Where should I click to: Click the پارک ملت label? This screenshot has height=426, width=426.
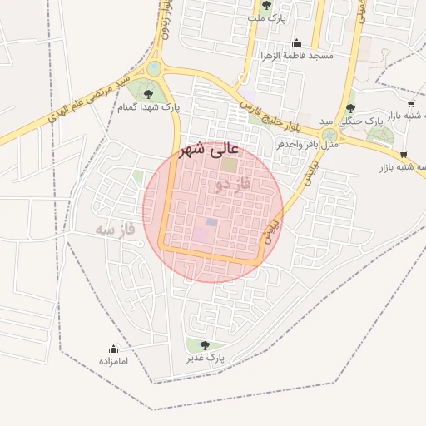[267, 17]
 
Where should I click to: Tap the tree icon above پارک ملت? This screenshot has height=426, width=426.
[266, 5]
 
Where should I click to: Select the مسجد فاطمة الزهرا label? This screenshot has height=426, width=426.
[297, 56]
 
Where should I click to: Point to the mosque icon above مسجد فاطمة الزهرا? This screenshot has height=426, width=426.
[296, 43]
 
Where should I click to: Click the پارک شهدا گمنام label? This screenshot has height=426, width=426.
[149, 106]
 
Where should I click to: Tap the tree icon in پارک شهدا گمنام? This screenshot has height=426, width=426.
[149, 94]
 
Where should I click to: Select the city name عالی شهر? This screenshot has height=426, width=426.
[210, 150]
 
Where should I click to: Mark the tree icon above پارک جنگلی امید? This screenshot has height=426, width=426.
[350, 108]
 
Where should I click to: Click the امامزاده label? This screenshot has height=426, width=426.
[112, 361]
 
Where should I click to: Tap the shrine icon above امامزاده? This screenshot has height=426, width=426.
[113, 349]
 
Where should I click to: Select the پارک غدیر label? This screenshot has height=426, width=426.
[206, 358]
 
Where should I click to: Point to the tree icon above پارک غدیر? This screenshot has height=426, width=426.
[205, 345]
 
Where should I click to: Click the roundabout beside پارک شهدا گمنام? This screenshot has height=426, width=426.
[154, 69]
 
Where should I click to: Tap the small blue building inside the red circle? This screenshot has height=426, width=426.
[211, 223]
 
